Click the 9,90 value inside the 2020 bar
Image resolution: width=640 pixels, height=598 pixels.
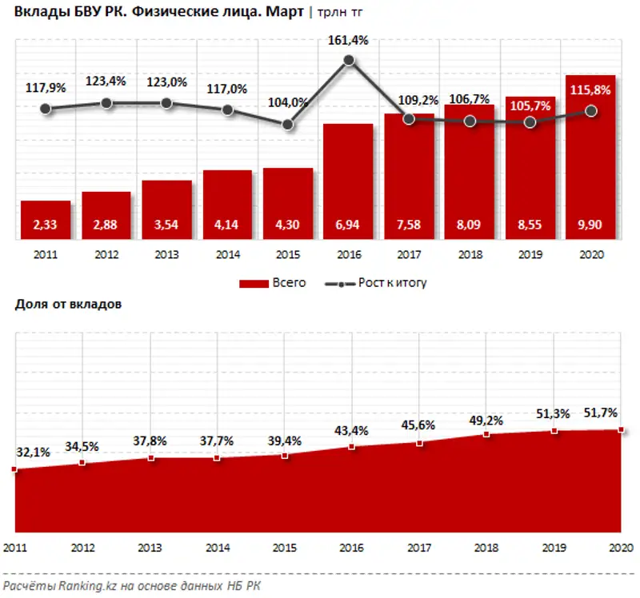[x=591, y=226]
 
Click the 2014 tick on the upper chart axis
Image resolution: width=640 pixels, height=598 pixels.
[x=227, y=253]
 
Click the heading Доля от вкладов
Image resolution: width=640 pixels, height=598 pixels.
[x=67, y=305]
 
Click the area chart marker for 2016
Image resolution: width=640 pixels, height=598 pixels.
[x=350, y=446]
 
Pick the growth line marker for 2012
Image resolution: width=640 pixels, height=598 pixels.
[x=106, y=103]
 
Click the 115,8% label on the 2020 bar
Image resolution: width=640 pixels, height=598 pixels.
[x=591, y=90]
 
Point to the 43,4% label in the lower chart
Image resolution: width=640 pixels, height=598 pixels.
[x=350, y=430]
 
